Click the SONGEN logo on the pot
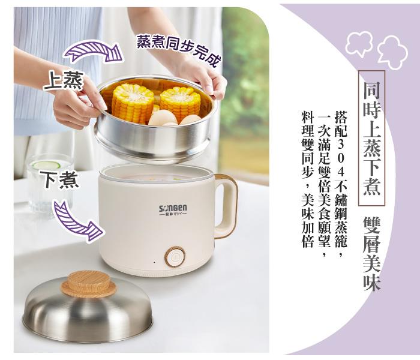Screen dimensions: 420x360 click(x=173, y=210)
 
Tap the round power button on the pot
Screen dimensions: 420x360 click(x=175, y=257)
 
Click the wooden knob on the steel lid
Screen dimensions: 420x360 click(x=89, y=284)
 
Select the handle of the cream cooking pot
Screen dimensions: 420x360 click(x=226, y=206)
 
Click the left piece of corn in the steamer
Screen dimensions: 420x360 click(x=133, y=103)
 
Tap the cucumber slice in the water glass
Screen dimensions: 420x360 click(x=46, y=165)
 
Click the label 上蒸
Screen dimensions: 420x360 click(x=63, y=80)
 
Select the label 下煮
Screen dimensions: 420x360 click(x=59, y=179)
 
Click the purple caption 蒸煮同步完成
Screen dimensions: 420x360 click(x=179, y=50)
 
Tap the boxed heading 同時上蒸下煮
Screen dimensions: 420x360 click(x=372, y=138)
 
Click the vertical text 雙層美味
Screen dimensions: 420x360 click(x=372, y=253)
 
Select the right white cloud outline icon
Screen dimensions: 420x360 click(x=392, y=53)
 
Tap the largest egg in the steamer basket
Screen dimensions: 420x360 click(x=163, y=118)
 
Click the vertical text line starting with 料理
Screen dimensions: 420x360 click(x=307, y=179)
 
